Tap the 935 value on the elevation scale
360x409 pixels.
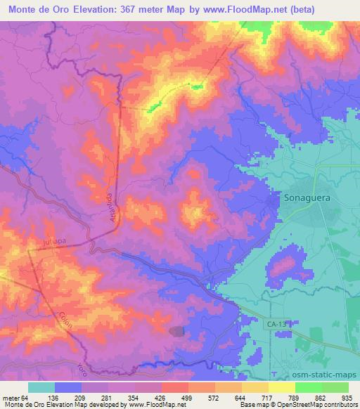[x=348, y=397]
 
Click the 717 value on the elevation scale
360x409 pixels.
[x=269, y=397]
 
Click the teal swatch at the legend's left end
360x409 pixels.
[x=41, y=387]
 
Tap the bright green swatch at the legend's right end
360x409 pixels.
[x=335, y=387]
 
